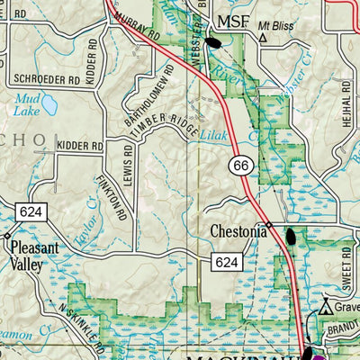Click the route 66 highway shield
(239, 166)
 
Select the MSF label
(236, 21)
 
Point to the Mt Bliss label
(276, 27)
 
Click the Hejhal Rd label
(345, 93)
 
